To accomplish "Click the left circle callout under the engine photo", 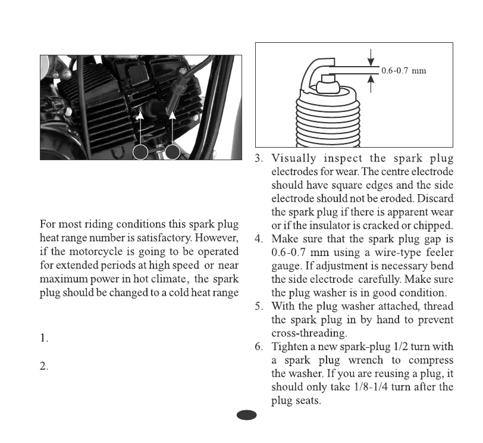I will [x=141, y=152].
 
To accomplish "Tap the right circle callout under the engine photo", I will [x=173, y=152].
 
